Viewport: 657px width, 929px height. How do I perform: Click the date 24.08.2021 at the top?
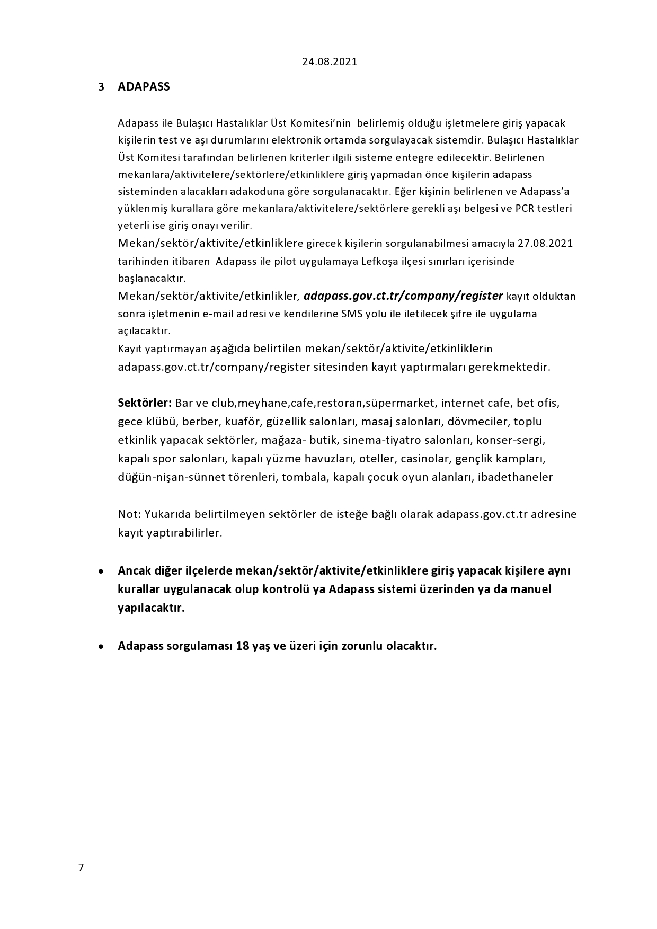[x=330, y=61]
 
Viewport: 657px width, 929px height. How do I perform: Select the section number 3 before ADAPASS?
[x=101, y=87]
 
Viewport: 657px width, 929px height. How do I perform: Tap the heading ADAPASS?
[x=144, y=87]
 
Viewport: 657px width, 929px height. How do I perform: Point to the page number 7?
[x=81, y=867]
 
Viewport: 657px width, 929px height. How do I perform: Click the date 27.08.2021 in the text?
[x=545, y=244]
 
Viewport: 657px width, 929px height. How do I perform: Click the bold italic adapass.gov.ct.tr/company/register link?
[x=403, y=296]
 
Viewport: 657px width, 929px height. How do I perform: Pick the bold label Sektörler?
[x=145, y=403]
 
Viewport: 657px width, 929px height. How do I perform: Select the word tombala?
[x=304, y=477]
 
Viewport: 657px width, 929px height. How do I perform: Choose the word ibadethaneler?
[x=515, y=477]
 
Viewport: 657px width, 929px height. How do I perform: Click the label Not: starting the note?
[x=127, y=514]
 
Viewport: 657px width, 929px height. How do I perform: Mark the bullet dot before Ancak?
[x=101, y=572]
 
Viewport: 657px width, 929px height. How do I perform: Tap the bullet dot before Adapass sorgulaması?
[x=101, y=647]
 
